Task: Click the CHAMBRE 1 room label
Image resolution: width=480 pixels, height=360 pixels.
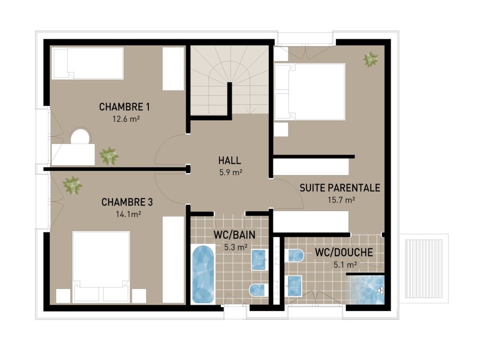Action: [121, 106]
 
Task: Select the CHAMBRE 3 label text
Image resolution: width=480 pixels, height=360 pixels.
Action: [123, 202]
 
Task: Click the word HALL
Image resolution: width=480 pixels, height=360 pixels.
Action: [229, 161]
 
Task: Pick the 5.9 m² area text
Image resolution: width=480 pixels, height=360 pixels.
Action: [229, 173]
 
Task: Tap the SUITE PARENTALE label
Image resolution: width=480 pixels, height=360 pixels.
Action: [340, 188]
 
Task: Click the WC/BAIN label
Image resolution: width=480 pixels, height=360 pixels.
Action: [234, 235]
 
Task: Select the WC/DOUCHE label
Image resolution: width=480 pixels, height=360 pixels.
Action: [344, 252]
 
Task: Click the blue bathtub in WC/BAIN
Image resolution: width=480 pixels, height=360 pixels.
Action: [203, 274]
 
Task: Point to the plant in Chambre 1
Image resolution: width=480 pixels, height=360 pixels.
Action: [108, 156]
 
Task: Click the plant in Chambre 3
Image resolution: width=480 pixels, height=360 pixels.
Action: [72, 185]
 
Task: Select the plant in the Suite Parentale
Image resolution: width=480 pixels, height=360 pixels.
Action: [371, 60]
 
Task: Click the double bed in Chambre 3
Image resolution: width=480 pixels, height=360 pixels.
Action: [101, 262]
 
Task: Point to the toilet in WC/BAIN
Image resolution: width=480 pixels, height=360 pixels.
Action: [258, 289]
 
